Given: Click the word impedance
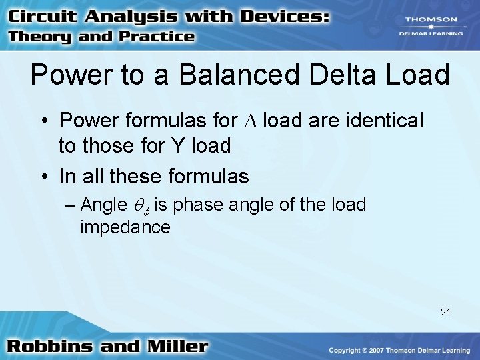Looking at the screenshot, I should pos(125,227).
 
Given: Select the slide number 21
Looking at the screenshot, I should pos(445,311).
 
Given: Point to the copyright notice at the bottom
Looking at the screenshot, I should pos(399,350).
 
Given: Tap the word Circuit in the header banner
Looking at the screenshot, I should pos(43,17).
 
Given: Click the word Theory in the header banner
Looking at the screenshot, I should pos(41,37).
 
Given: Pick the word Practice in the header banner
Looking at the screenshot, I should pos(157,37).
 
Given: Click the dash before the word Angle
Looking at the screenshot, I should pos(71,205).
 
